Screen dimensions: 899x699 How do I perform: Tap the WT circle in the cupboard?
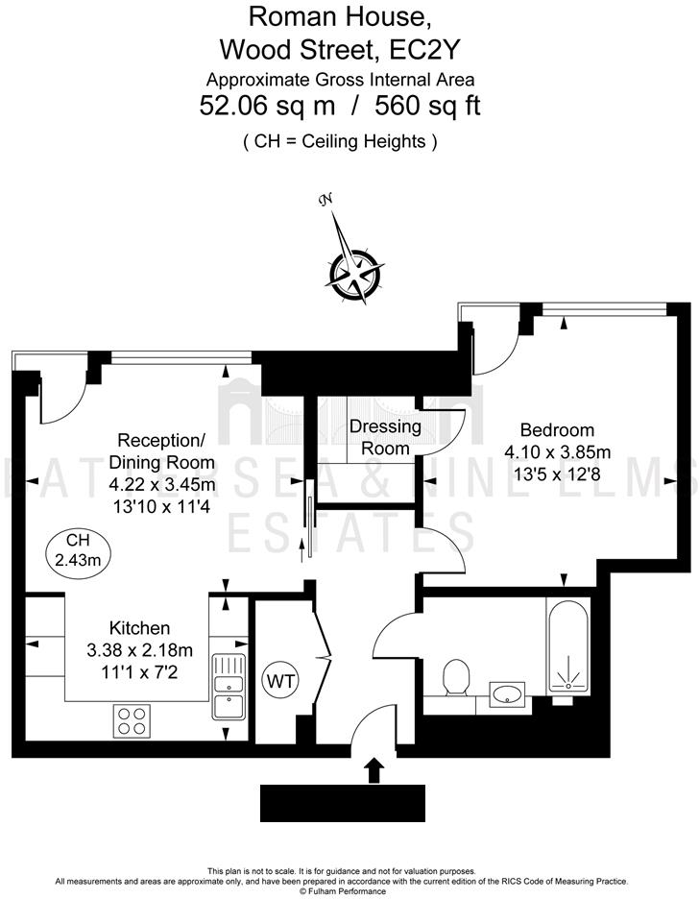pyautogui.click(x=280, y=681)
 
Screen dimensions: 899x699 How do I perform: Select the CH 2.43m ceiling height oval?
pyautogui.click(x=74, y=548)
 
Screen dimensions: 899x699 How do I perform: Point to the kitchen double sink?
pyautogui.click(x=228, y=686)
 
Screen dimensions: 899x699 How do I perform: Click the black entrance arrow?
pyautogui.click(x=374, y=769)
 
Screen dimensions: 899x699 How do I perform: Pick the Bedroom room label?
pyautogui.click(x=556, y=430)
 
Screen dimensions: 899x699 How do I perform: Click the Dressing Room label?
pyautogui.click(x=385, y=437)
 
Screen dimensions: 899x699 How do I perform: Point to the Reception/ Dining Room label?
pyautogui.click(x=161, y=451)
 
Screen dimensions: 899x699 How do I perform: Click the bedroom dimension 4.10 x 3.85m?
pyautogui.click(x=556, y=451)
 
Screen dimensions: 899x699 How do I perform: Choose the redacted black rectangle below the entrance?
pyautogui.click(x=343, y=802)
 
